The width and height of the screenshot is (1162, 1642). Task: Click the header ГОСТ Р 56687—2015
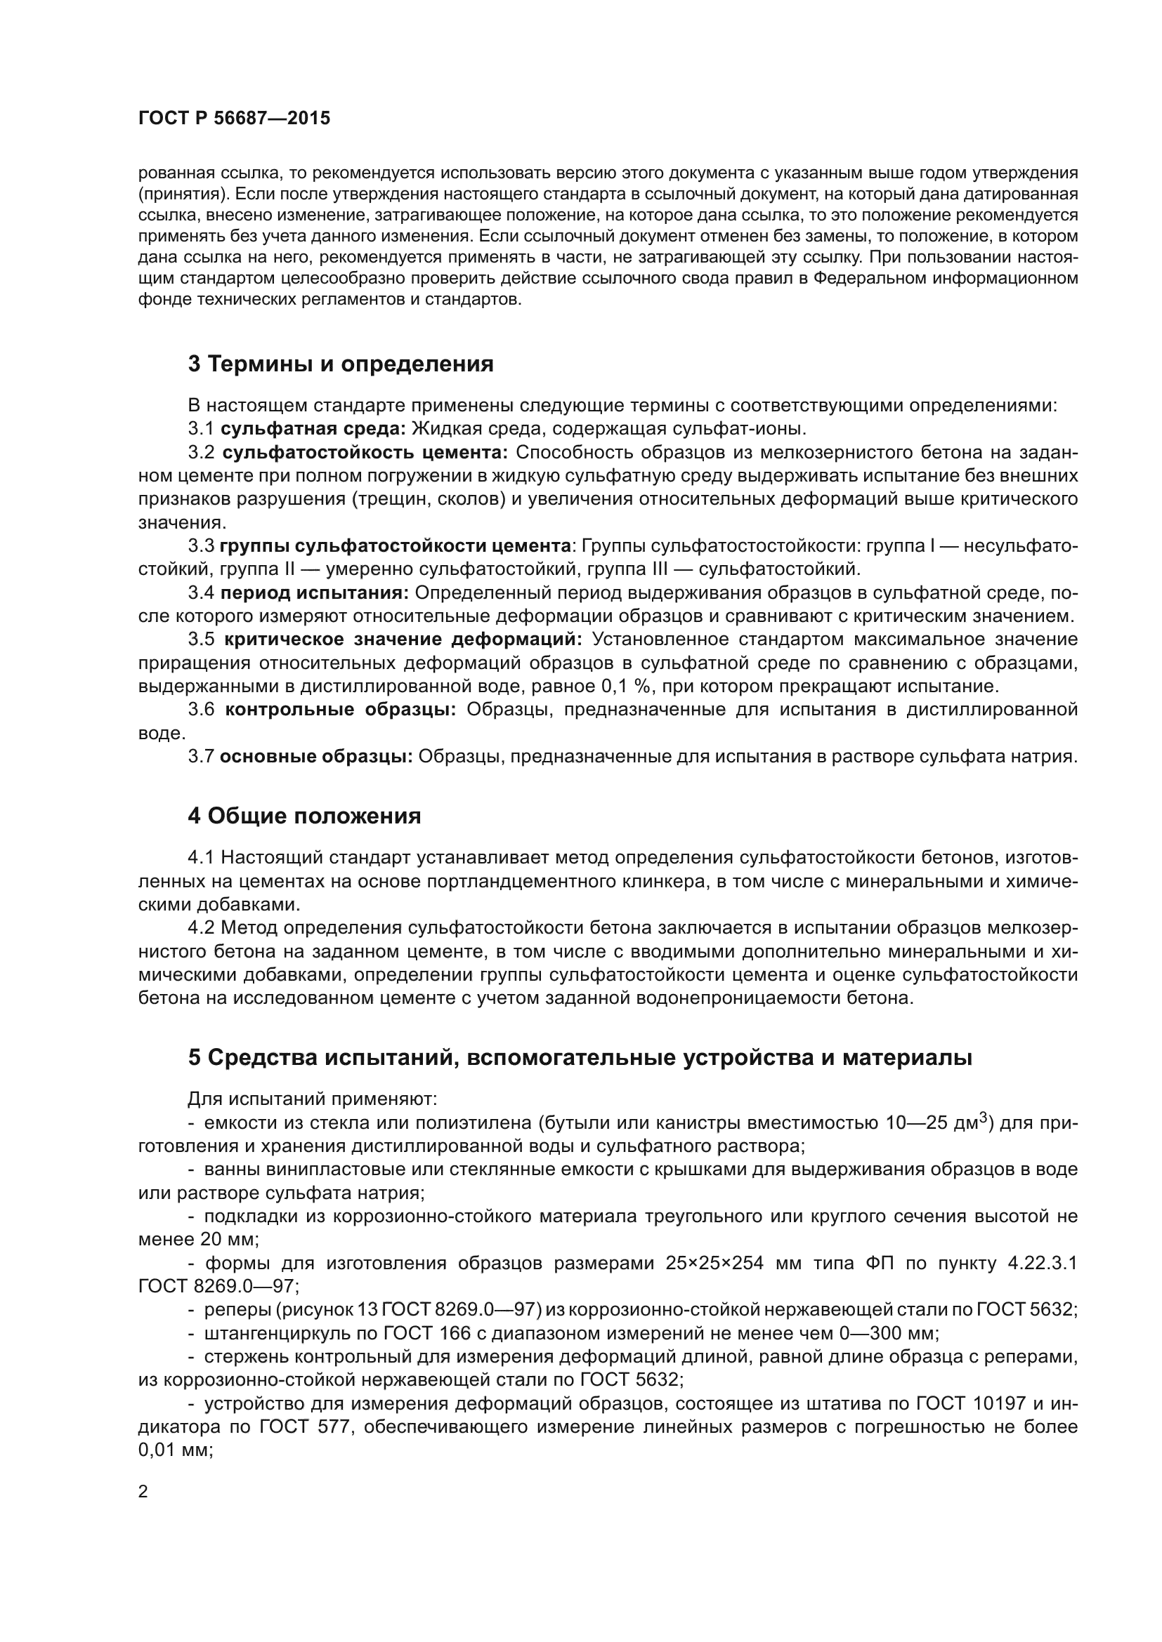pos(234,119)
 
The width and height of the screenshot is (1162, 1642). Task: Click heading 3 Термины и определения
pos(341,364)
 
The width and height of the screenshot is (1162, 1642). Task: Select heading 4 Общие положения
pos(304,816)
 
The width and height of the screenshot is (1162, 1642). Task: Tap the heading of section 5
pos(580,1058)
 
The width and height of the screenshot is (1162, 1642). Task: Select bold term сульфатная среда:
pos(313,429)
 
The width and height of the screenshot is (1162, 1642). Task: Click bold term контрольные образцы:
pos(341,710)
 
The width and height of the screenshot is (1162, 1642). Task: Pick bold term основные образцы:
pos(316,757)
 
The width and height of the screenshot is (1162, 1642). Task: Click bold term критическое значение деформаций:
pos(403,640)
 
